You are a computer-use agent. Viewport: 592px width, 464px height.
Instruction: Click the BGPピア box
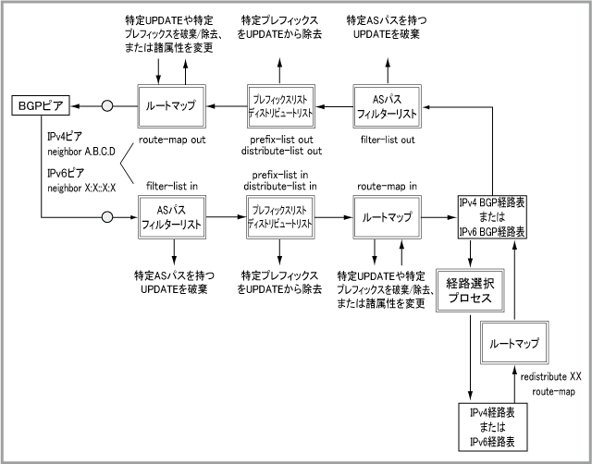[36, 107]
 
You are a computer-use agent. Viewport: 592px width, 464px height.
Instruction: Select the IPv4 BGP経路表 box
[492, 217]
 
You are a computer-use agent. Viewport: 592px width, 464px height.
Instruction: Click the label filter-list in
[171, 186]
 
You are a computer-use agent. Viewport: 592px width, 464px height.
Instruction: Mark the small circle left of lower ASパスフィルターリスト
[107, 218]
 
